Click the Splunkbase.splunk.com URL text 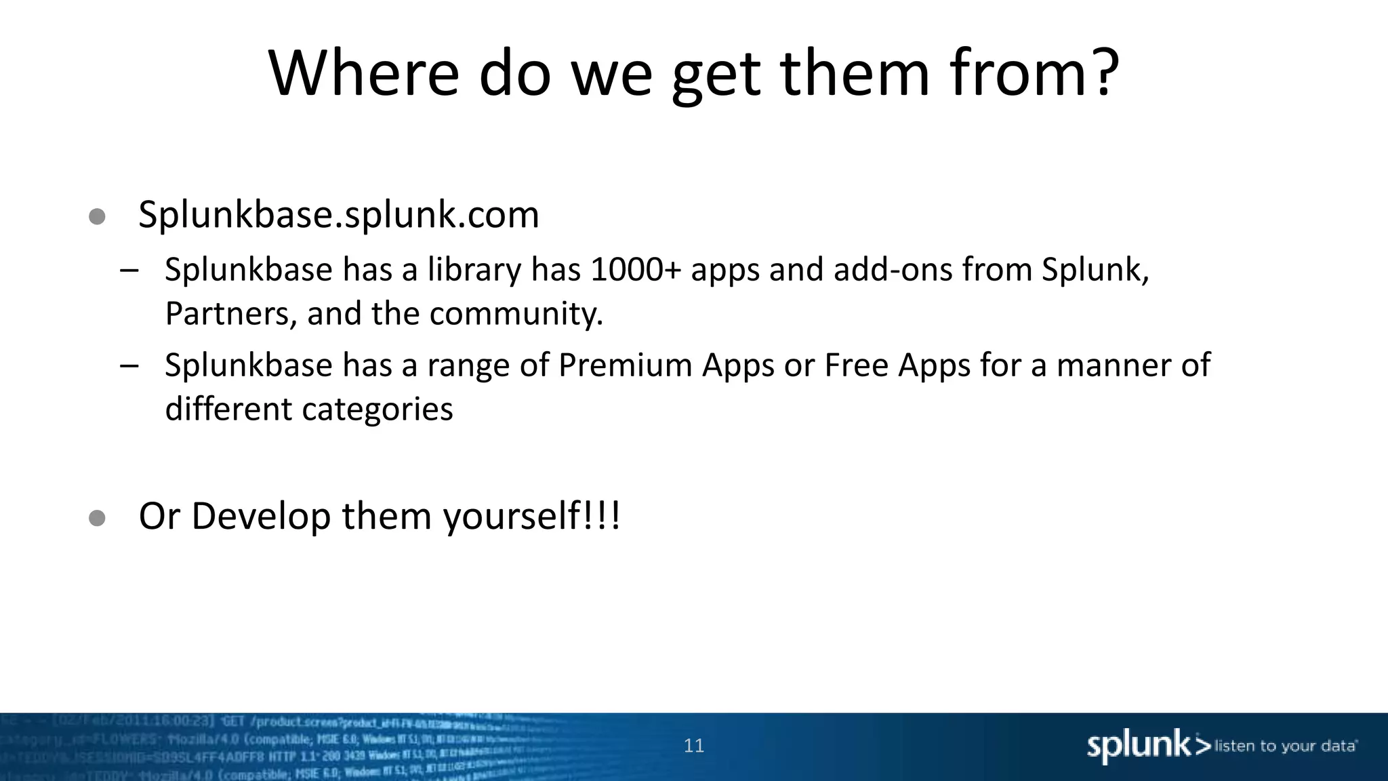click(339, 215)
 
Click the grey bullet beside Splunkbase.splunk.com click(97, 216)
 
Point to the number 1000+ click(635, 270)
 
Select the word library click(474, 270)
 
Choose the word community click(515, 314)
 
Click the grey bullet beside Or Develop click(97, 519)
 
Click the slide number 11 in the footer click(694, 746)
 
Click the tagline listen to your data click(1285, 746)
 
